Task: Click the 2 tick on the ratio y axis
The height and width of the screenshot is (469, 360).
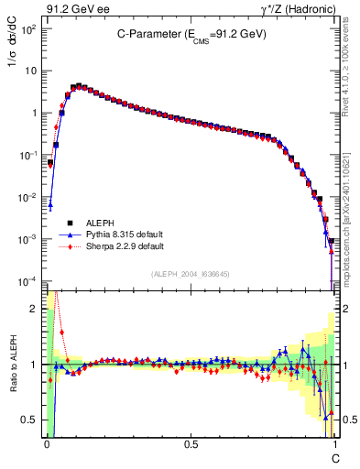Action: point(36,309)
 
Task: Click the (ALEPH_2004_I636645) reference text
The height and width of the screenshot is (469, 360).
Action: point(191,274)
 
